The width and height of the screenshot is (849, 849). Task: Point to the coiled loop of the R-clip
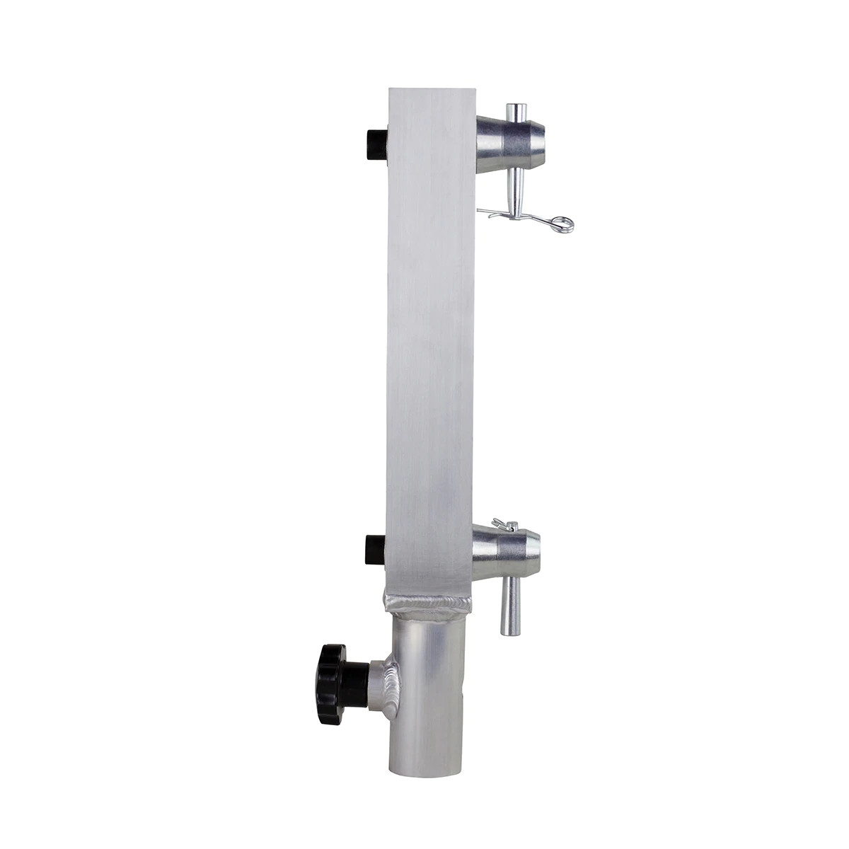(565, 223)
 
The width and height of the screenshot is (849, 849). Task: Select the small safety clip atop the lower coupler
(508, 525)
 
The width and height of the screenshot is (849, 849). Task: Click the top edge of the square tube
(430, 90)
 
